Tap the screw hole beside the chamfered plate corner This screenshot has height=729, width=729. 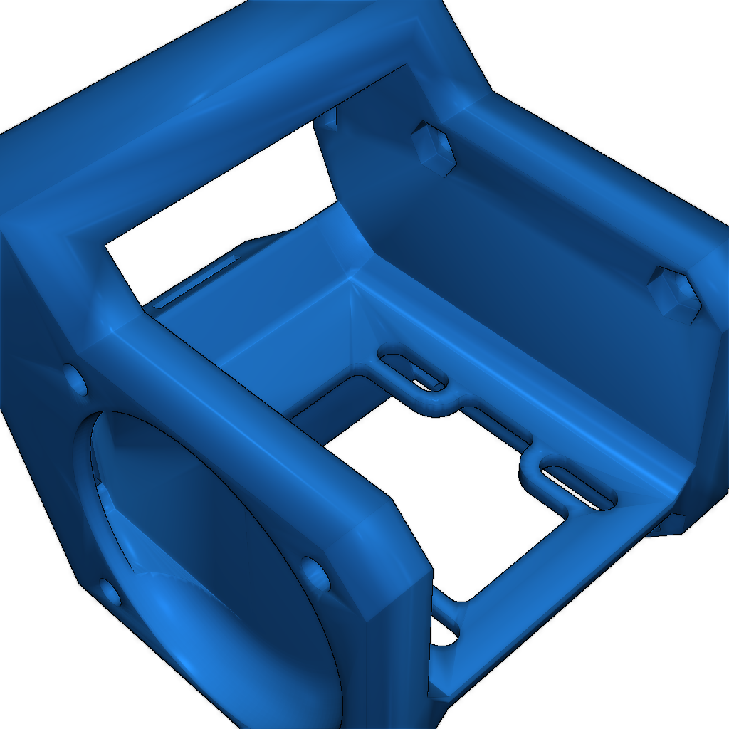(x=315, y=574)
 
